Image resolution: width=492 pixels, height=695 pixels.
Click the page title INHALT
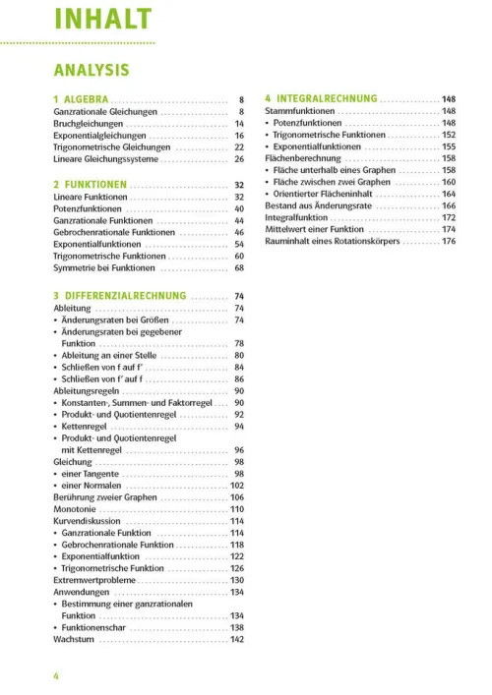point(102,19)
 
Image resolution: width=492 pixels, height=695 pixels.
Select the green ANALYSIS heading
point(91,70)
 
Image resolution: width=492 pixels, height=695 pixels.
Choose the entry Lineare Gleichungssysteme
point(105,158)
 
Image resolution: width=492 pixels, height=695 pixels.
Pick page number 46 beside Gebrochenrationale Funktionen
point(238,232)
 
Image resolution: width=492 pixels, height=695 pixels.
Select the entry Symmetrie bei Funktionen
point(104,267)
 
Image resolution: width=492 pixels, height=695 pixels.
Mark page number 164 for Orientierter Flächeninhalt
point(449,195)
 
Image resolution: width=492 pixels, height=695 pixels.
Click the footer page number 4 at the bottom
point(57,674)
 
